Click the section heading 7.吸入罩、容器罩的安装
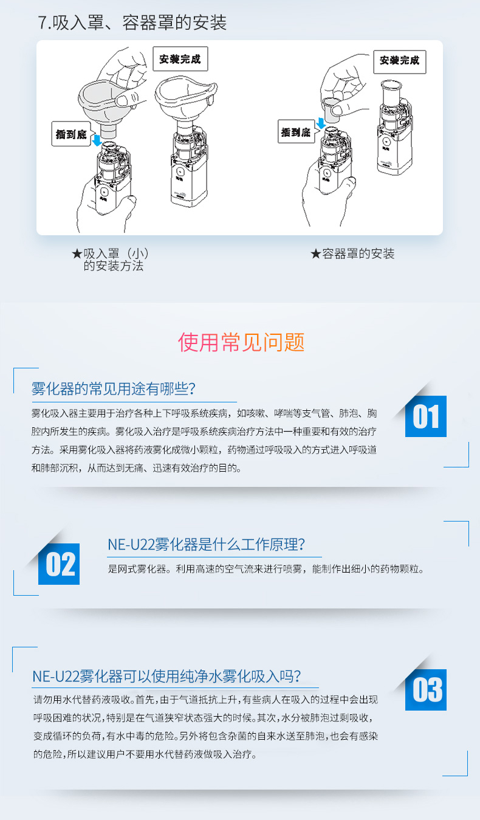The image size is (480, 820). point(132,22)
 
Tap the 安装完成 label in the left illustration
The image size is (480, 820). point(180,59)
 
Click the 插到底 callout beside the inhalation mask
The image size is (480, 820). point(71,134)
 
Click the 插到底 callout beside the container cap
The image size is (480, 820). point(296,132)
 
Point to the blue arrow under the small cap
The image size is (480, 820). point(321,123)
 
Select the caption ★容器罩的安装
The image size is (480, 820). point(352,253)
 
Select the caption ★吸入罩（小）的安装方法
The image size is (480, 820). point(111,260)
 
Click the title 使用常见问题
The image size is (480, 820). point(241,342)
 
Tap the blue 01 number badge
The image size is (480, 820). point(426,416)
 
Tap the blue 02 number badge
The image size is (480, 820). point(59,564)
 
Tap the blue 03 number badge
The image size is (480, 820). point(426,690)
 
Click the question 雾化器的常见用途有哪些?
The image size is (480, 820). point(114,388)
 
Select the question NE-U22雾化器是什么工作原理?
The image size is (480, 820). point(207,545)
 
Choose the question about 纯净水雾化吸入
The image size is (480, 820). point(167,676)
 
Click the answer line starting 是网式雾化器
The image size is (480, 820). point(266,569)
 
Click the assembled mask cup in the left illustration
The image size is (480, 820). point(185,97)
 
